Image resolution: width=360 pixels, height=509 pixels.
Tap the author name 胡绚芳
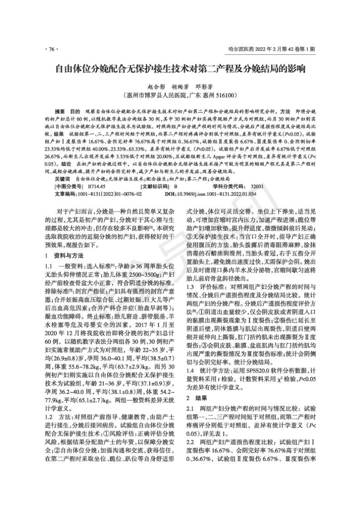[x=182, y=87]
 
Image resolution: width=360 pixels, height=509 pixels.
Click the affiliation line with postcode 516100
[x=180, y=95]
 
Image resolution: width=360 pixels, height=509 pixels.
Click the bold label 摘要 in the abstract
[x=60, y=111]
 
